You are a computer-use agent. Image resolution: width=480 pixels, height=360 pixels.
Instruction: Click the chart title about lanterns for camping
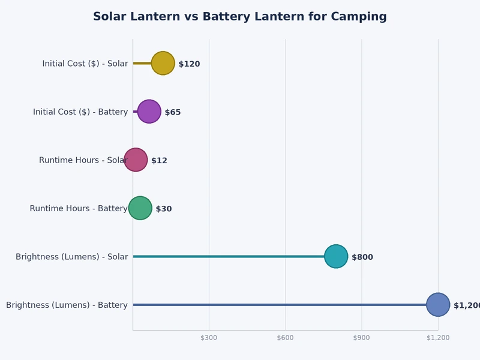click(x=239, y=17)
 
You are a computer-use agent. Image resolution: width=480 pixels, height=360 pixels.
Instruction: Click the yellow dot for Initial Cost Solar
click(x=163, y=63)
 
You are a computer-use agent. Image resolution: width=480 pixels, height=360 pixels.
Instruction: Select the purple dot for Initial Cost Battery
click(x=149, y=112)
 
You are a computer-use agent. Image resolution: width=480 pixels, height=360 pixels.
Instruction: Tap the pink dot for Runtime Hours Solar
click(x=136, y=160)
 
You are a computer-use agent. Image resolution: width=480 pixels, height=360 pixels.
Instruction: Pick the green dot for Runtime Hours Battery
click(x=140, y=208)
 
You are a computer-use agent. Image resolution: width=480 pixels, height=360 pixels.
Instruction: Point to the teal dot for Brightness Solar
click(x=336, y=256)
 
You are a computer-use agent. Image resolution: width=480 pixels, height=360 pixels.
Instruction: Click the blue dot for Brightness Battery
click(x=438, y=305)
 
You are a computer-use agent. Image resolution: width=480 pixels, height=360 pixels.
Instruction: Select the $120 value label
click(x=189, y=64)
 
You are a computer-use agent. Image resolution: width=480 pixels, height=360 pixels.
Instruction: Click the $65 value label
click(x=173, y=112)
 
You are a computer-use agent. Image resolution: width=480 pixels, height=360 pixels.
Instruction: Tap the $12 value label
click(x=159, y=161)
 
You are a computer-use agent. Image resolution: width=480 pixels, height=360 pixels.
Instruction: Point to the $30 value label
click(x=164, y=209)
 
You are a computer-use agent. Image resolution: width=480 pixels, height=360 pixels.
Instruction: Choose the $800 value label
click(x=362, y=257)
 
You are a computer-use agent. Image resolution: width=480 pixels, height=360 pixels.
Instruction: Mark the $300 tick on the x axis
click(x=209, y=338)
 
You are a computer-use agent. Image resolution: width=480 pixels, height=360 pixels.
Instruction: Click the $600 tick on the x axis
click(x=285, y=338)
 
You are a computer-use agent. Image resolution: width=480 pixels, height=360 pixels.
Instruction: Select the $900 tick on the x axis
click(x=361, y=338)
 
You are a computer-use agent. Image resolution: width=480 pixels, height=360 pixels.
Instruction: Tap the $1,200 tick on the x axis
click(x=438, y=338)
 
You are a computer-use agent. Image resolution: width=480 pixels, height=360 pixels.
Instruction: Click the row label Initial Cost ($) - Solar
click(x=85, y=64)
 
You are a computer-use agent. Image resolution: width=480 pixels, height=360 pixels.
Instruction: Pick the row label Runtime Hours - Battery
click(x=79, y=209)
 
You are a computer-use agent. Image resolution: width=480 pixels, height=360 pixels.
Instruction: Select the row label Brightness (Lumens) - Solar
click(x=71, y=257)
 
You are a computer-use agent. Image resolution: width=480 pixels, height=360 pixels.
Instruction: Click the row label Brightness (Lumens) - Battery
click(x=67, y=305)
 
